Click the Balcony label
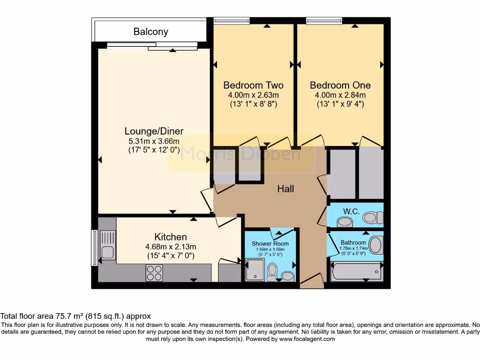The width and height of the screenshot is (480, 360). (150, 32)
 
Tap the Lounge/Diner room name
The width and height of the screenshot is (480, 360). (154, 131)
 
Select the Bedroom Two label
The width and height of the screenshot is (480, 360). (253, 85)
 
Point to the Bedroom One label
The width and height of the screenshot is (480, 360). (340, 85)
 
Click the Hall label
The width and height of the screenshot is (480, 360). (285, 188)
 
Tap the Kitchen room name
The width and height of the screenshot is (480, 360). (171, 237)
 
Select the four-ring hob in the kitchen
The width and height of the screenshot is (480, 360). (155, 273)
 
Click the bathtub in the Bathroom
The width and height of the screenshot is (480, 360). (356, 271)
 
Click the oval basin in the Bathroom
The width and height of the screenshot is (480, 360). (376, 244)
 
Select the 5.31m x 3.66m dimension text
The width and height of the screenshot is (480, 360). (154, 141)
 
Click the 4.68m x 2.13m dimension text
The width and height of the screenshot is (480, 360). (171, 247)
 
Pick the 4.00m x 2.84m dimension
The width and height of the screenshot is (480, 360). (340, 95)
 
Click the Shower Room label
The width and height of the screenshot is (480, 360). (270, 244)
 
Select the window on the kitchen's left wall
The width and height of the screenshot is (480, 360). (94, 247)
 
